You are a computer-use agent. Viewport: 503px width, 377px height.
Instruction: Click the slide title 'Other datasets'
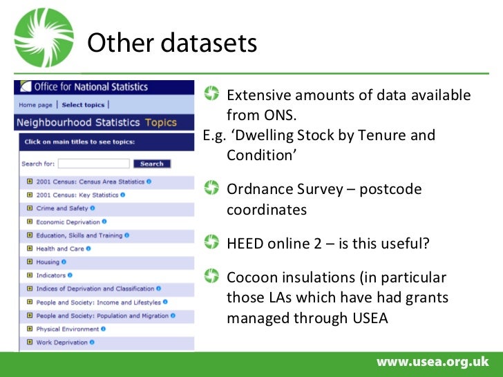click(x=172, y=43)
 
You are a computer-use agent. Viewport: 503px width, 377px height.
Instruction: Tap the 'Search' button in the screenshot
click(x=151, y=164)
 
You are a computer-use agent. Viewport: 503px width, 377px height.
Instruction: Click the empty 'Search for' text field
click(x=93, y=164)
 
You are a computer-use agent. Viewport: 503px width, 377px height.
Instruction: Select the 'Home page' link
click(x=35, y=105)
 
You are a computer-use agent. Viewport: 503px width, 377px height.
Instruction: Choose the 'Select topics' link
click(x=83, y=105)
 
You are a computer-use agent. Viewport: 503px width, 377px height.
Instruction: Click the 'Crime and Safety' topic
click(x=62, y=209)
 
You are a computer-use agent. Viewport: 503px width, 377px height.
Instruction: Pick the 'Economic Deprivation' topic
click(x=68, y=222)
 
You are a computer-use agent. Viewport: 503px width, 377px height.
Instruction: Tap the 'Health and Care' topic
click(x=60, y=249)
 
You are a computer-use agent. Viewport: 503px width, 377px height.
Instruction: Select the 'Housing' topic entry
click(x=48, y=262)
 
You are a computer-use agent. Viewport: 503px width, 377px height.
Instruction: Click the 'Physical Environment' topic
click(x=68, y=329)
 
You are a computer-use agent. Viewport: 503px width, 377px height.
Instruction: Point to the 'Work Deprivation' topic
click(x=62, y=342)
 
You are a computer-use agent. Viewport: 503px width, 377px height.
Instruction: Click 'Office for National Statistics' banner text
click(x=91, y=87)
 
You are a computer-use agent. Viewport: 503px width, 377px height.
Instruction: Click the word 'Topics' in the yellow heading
click(x=160, y=123)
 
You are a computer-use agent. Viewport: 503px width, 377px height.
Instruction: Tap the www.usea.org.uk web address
click(x=432, y=362)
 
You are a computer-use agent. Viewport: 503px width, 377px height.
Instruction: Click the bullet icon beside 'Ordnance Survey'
click(x=211, y=188)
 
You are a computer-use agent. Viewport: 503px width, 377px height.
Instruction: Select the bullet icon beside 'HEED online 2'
click(x=211, y=242)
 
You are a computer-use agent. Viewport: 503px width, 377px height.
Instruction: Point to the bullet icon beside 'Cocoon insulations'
click(x=211, y=277)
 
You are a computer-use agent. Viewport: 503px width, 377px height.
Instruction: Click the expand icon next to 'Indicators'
click(x=30, y=275)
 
